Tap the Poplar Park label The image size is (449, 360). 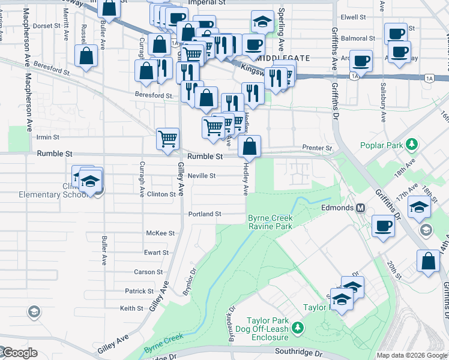(382, 145)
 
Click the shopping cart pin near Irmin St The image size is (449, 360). (168, 139)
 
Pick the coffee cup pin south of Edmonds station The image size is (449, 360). (383, 227)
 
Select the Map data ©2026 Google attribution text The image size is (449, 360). (412, 355)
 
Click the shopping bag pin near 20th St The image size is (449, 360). (428, 262)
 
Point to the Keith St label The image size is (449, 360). (131, 308)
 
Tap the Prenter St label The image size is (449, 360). (317, 148)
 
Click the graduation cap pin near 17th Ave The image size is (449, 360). (418, 208)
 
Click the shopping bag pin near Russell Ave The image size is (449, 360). (86, 56)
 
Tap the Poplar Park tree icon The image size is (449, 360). (412, 145)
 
